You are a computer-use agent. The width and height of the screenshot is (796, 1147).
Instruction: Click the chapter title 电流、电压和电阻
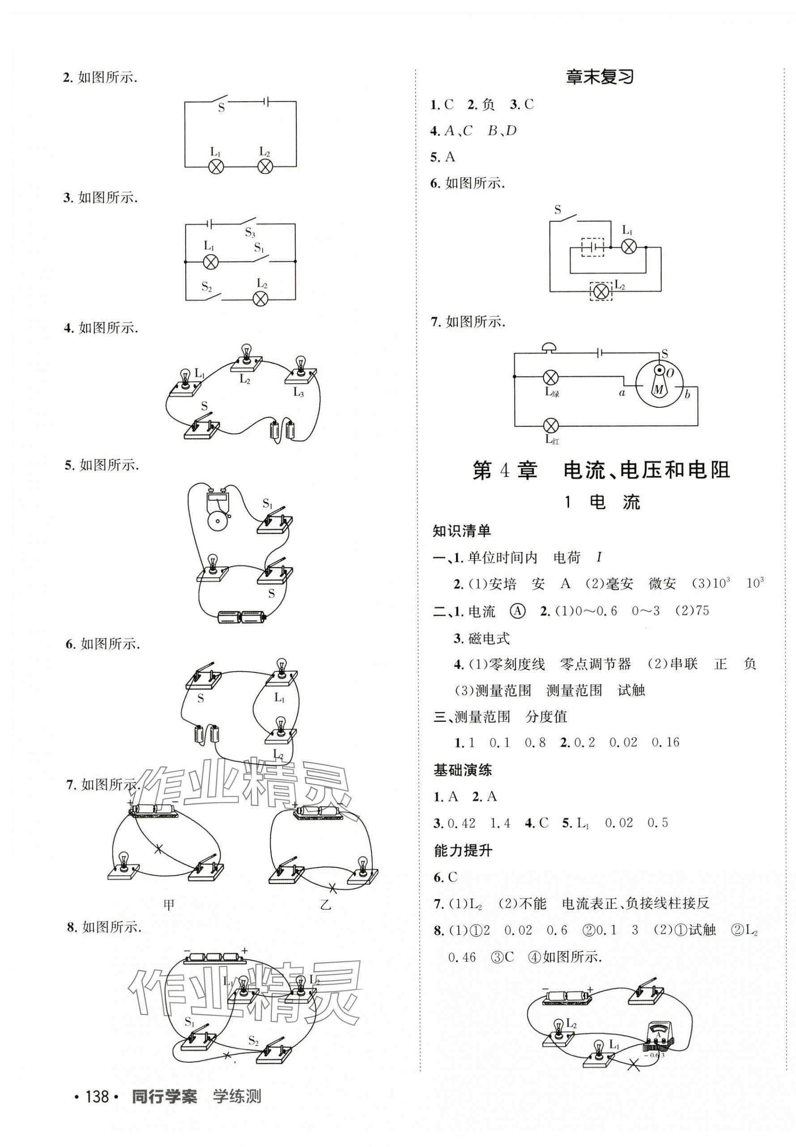click(x=647, y=470)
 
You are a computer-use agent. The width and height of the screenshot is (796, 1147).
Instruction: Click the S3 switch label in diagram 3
click(x=249, y=232)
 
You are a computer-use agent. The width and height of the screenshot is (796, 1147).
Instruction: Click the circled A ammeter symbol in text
click(x=518, y=611)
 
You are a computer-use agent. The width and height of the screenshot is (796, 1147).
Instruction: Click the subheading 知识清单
click(x=462, y=531)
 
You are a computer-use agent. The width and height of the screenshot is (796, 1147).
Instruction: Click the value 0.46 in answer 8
click(x=462, y=957)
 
